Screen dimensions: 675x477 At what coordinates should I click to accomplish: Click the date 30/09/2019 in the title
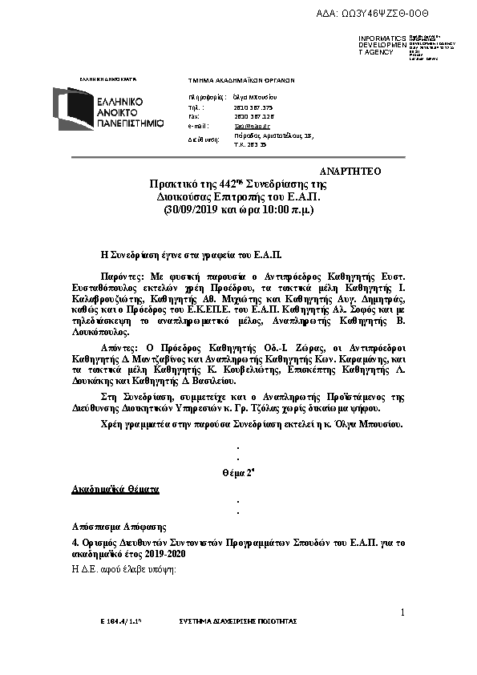click(193, 210)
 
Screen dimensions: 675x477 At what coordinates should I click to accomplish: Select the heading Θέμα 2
click(237, 473)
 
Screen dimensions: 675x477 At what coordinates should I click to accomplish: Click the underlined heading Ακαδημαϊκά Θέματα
click(115, 488)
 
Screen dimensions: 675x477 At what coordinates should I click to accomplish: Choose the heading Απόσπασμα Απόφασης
click(119, 526)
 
